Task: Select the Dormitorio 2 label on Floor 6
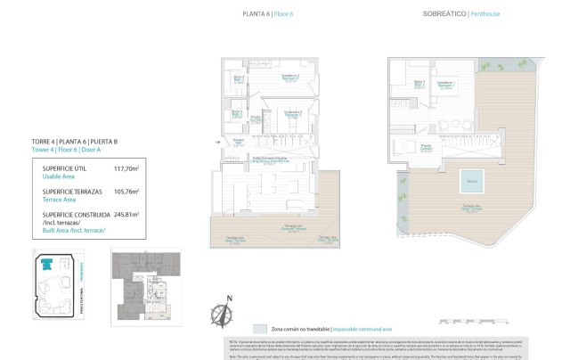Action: [x=289, y=78]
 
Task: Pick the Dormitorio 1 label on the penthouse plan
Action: [x=446, y=84]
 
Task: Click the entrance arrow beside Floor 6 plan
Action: [x=216, y=141]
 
